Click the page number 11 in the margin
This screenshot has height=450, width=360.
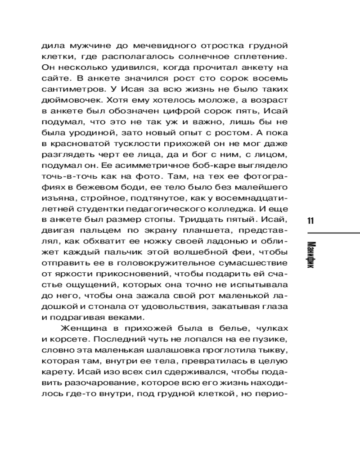[310, 220]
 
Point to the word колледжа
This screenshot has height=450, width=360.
[241, 208]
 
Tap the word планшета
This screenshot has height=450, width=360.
[207, 230]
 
